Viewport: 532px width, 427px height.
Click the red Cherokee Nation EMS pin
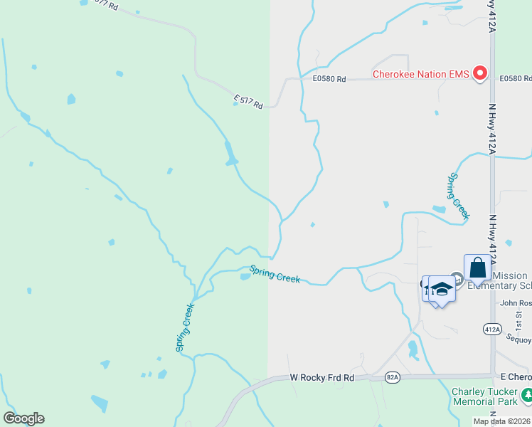point(480,73)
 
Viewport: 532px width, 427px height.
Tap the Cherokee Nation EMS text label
point(422,74)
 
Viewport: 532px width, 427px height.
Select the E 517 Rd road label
point(248,102)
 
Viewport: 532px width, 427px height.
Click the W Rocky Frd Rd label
point(322,378)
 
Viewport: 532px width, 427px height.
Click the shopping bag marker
point(478,269)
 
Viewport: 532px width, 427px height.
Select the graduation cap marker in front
point(442,288)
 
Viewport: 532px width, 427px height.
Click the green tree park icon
point(527,394)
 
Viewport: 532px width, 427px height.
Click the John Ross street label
point(515,302)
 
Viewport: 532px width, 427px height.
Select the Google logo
point(23,418)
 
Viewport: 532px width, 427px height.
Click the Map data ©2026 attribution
point(501,421)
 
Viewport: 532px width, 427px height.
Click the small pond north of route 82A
point(413,349)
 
